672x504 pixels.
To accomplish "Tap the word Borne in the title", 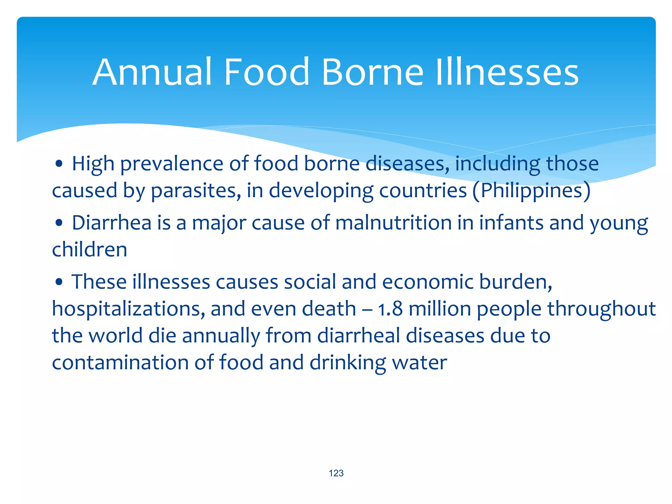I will click(373, 72).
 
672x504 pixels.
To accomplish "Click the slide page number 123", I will click(336, 473).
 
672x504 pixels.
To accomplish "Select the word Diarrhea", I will click(112, 223).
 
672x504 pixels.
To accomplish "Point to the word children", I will click(90, 250).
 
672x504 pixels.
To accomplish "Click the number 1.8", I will click(390, 309).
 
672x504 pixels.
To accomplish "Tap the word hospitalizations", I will click(128, 309).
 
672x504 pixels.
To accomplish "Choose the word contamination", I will click(120, 363).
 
